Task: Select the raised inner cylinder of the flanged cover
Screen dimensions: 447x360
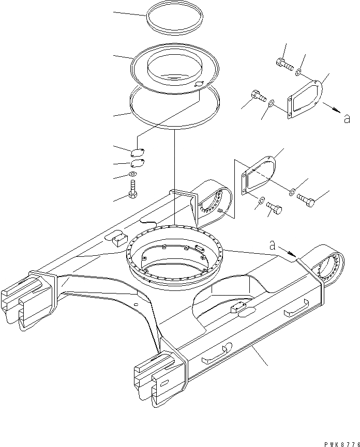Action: point(174,66)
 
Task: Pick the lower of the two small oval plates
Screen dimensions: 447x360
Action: point(138,164)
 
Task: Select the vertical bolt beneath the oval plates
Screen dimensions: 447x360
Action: point(133,189)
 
